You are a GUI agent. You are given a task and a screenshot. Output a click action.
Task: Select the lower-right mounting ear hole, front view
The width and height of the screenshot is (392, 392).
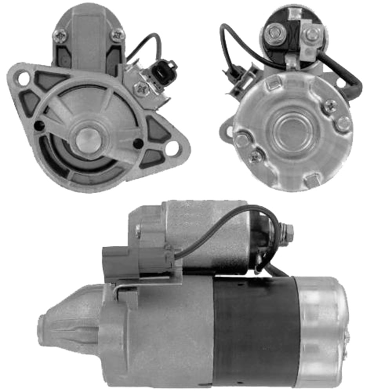(x=172, y=149)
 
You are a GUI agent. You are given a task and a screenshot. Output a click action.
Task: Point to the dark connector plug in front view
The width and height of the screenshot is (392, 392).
(x=161, y=70)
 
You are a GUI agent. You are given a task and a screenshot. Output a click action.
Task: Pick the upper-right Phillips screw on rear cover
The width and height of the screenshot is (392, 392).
(x=330, y=105)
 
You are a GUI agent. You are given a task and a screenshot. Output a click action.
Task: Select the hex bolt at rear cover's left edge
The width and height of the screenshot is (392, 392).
(x=241, y=139)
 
